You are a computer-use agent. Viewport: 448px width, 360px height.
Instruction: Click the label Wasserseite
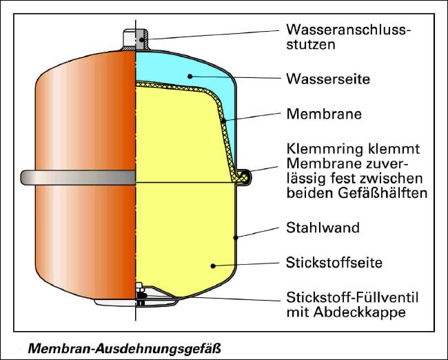click(x=328, y=79)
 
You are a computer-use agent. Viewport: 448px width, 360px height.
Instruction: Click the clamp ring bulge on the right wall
click(x=243, y=177)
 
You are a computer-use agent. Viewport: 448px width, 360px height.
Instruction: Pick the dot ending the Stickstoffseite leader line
click(x=214, y=265)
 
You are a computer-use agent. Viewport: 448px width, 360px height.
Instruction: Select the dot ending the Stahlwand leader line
click(x=236, y=238)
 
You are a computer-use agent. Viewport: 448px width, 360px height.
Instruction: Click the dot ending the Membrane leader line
click(x=224, y=121)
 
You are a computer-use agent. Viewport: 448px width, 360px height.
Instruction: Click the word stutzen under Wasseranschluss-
click(x=307, y=46)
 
